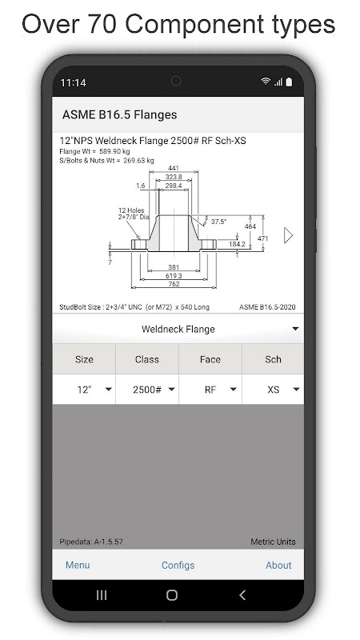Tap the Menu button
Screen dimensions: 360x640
[x=78, y=565]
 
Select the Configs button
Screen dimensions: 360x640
[x=178, y=566]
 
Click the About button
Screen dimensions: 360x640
[x=278, y=565]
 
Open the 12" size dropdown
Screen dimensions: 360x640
[x=84, y=390]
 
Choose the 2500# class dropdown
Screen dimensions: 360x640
[x=147, y=390]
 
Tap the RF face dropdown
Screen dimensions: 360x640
[x=210, y=390]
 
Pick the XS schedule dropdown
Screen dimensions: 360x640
[x=273, y=390]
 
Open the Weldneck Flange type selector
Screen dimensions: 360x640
[x=178, y=329]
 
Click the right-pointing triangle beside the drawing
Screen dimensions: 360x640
[x=288, y=235]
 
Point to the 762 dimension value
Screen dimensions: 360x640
[x=174, y=284]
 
